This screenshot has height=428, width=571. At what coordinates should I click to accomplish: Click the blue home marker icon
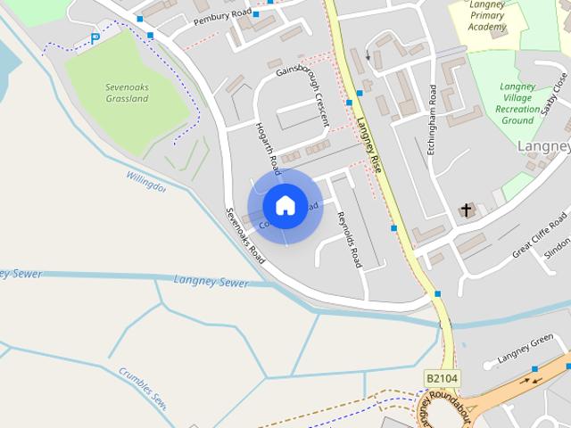coord(285,205)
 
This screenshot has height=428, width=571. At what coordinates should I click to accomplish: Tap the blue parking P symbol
coord(95,39)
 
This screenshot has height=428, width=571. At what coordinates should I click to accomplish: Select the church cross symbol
coord(466,210)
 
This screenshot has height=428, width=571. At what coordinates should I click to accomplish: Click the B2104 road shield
coord(441,378)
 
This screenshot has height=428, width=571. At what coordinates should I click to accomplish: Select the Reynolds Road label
coord(350,239)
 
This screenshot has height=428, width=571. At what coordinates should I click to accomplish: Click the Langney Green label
coord(526,350)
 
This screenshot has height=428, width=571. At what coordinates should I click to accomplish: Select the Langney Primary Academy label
coord(487,15)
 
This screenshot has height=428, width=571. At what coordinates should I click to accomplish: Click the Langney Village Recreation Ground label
coord(517,103)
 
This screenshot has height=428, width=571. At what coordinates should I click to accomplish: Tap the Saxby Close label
coord(554,95)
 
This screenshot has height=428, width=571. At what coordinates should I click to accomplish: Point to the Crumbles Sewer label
coord(143,385)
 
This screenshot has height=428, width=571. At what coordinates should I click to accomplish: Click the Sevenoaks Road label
coord(244,235)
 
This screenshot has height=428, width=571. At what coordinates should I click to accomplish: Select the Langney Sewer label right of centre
coord(211,281)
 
